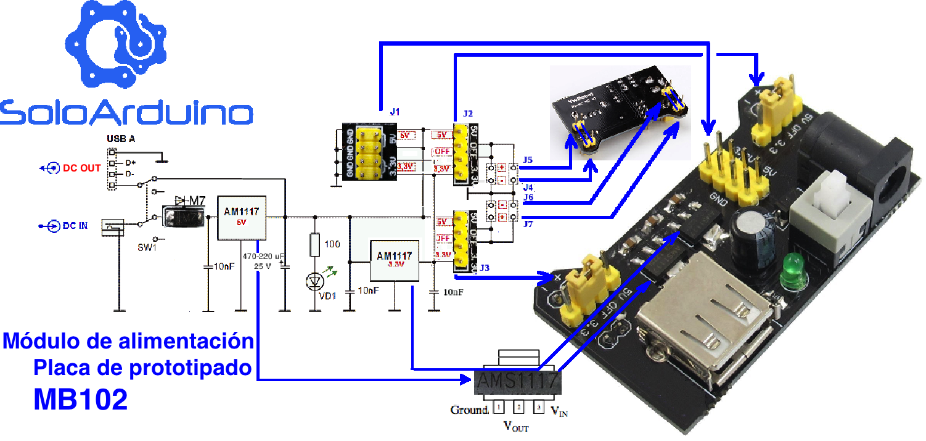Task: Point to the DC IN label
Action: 75,226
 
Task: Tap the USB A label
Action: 121,139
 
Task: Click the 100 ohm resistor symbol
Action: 315,245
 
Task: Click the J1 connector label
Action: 395,112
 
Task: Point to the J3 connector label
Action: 484,267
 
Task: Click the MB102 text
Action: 81,400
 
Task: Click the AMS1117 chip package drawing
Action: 517,382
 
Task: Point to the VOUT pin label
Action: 516,426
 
